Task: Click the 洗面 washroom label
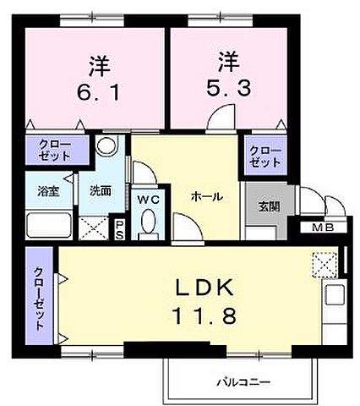pyautogui.click(x=100, y=190)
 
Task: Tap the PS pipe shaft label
pyautogui.click(x=120, y=228)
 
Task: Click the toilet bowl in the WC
pyautogui.click(x=148, y=223)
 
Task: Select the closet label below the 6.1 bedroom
pyautogui.click(x=55, y=151)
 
